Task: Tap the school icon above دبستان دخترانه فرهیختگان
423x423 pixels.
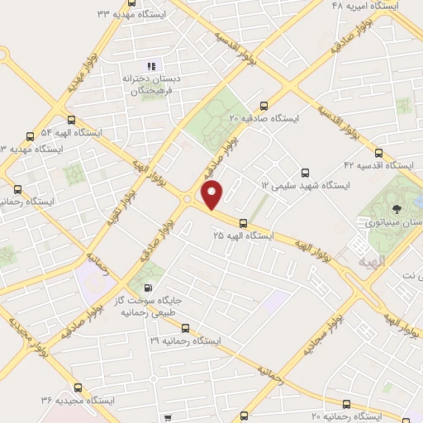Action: (x=150, y=65)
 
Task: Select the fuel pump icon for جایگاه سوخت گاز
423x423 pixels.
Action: (x=148, y=289)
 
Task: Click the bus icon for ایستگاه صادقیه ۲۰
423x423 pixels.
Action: (x=264, y=105)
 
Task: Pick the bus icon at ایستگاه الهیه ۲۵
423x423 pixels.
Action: (x=243, y=222)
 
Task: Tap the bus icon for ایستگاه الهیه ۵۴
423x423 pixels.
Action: (x=31, y=135)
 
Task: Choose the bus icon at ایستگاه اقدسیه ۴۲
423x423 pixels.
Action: (x=378, y=152)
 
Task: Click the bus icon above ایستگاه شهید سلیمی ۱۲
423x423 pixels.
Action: (x=305, y=173)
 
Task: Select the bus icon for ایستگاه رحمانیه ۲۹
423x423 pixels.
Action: (x=185, y=327)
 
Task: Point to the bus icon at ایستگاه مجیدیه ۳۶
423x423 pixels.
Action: (x=78, y=387)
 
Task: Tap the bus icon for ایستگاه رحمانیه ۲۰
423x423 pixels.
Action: (x=346, y=404)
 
